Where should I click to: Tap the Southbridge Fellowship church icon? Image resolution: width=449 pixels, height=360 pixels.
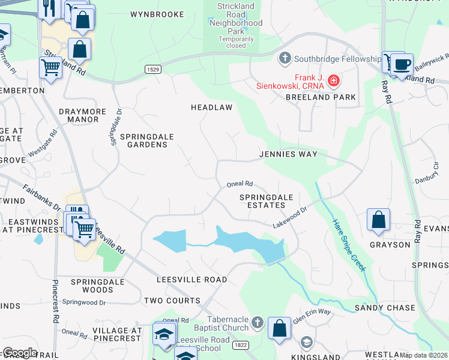click(x=285, y=59)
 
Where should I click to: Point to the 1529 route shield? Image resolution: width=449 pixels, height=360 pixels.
click(x=152, y=70)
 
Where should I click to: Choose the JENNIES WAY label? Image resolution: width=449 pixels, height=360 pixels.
click(x=288, y=154)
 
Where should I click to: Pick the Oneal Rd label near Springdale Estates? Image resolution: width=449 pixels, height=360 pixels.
click(x=240, y=184)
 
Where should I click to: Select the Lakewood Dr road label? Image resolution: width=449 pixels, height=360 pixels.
click(x=290, y=217)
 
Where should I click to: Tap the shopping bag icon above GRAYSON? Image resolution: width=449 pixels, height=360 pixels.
click(x=378, y=220)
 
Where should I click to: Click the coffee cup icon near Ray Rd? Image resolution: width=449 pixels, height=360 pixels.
click(x=402, y=64)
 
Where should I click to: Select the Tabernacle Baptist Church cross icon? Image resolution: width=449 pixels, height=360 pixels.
click(x=257, y=323)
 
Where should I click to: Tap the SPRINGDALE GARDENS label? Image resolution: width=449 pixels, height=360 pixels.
click(x=147, y=140)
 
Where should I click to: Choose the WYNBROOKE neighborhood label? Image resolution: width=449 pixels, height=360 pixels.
click(x=157, y=14)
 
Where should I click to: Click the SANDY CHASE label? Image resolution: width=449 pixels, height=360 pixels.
click(x=385, y=308)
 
